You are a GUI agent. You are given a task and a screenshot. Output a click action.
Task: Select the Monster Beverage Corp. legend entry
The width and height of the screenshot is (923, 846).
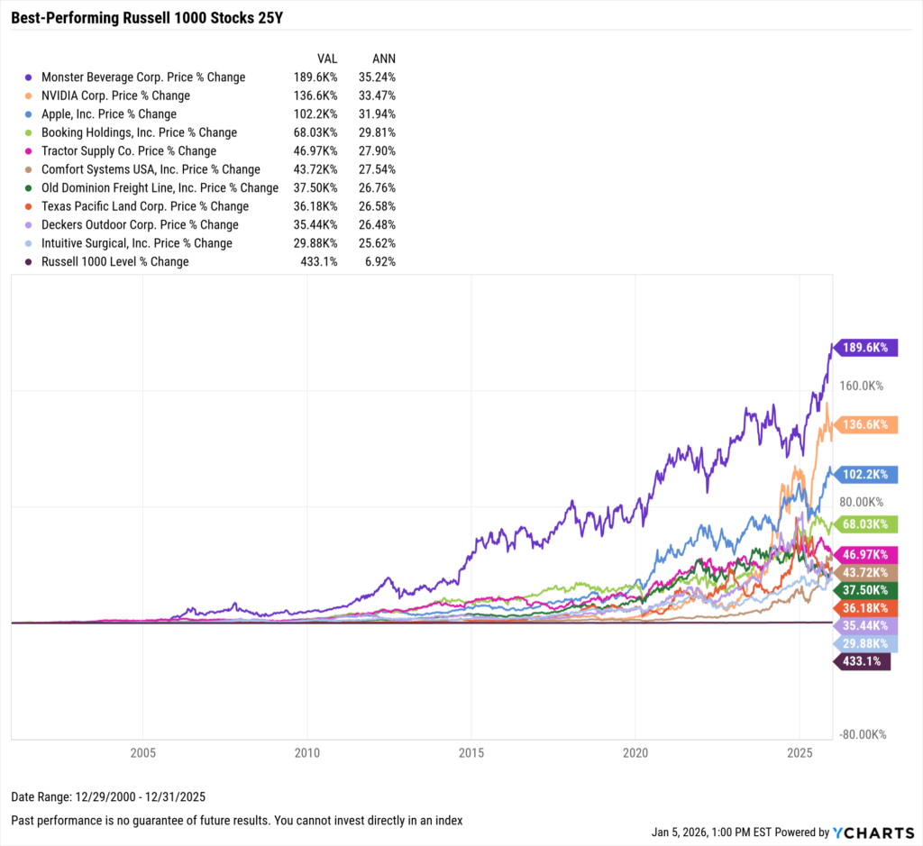click(142, 77)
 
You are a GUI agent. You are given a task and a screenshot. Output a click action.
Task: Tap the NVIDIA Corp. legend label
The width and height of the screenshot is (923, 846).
click(115, 96)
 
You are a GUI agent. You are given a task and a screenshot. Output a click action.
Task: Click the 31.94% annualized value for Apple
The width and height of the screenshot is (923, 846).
click(378, 114)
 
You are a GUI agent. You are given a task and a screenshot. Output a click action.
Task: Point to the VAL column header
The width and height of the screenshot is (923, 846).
click(326, 58)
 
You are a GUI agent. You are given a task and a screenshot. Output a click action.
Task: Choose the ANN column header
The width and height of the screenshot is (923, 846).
click(383, 58)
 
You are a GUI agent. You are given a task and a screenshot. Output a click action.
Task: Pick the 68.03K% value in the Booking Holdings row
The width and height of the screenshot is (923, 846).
click(315, 132)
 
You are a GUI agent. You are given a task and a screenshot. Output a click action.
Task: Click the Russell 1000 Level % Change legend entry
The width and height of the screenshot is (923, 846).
click(114, 262)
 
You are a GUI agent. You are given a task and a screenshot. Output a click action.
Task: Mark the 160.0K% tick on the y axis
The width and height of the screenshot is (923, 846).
click(862, 386)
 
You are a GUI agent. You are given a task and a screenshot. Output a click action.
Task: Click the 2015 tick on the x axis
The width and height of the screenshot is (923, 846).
click(471, 752)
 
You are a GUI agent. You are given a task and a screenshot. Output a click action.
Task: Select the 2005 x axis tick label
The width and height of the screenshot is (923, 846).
click(142, 752)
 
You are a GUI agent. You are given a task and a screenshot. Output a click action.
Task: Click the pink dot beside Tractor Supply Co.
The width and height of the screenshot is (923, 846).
click(31, 151)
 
